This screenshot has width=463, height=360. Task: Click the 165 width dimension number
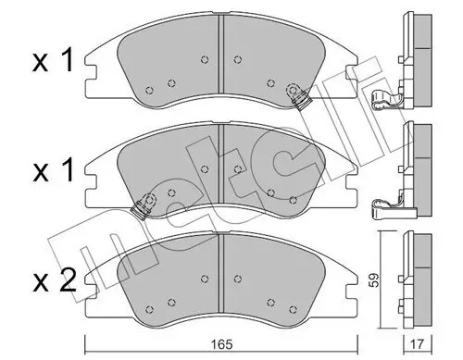219,340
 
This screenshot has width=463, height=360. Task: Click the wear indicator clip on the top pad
298,94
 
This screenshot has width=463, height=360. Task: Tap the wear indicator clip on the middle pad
143,205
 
